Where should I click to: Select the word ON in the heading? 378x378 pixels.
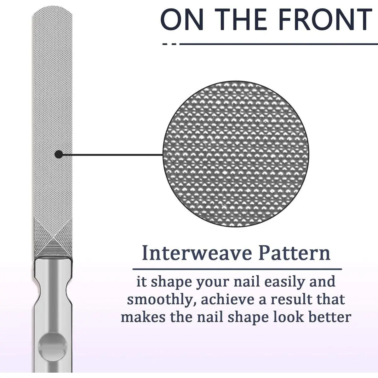tap(180, 20)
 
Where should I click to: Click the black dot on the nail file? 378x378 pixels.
tap(59, 154)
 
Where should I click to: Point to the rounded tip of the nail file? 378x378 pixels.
tap(53, 9)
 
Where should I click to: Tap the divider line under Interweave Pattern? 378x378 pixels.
tap(237, 269)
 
